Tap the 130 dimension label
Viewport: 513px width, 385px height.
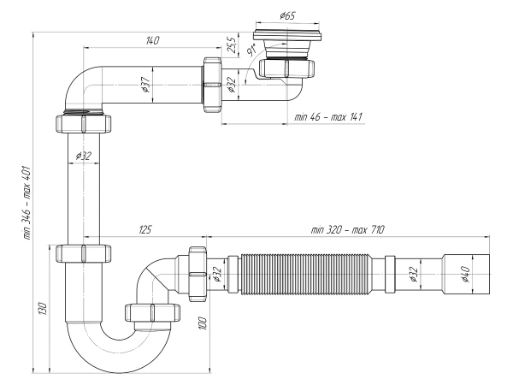43,309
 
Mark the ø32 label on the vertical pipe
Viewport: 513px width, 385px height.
84,156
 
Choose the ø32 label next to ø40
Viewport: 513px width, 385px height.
416,273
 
